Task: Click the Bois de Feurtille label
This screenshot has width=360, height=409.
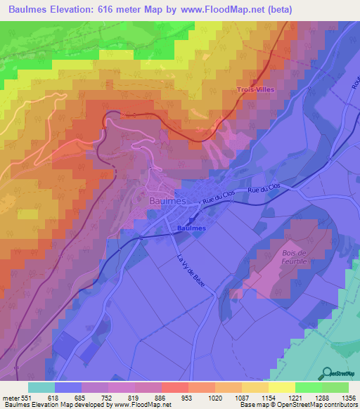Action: [x=295, y=257]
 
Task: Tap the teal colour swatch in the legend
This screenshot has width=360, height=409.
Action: [x=41, y=388]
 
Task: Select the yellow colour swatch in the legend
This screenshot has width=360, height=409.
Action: [x=282, y=388]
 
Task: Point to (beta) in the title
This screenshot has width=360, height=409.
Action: [x=276, y=9]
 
